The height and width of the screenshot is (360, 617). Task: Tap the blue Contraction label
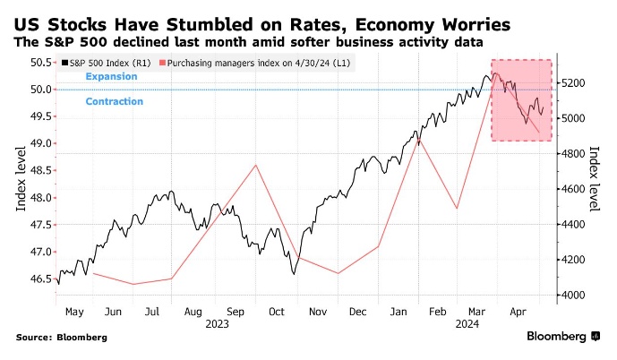(114, 102)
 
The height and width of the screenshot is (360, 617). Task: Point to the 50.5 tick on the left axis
(41, 63)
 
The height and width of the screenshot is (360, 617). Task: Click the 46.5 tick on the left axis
(41, 279)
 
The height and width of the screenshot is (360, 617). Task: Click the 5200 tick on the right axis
(572, 83)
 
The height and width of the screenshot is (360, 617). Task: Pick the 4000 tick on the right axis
(572, 295)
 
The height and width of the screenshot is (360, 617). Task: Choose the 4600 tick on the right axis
(572, 189)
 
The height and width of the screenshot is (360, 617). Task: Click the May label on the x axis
(74, 313)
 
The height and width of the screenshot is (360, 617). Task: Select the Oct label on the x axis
(278, 313)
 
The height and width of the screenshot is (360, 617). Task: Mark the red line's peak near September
(257, 165)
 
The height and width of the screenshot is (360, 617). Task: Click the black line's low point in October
(294, 274)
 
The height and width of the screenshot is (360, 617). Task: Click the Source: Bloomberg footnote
(62, 338)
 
